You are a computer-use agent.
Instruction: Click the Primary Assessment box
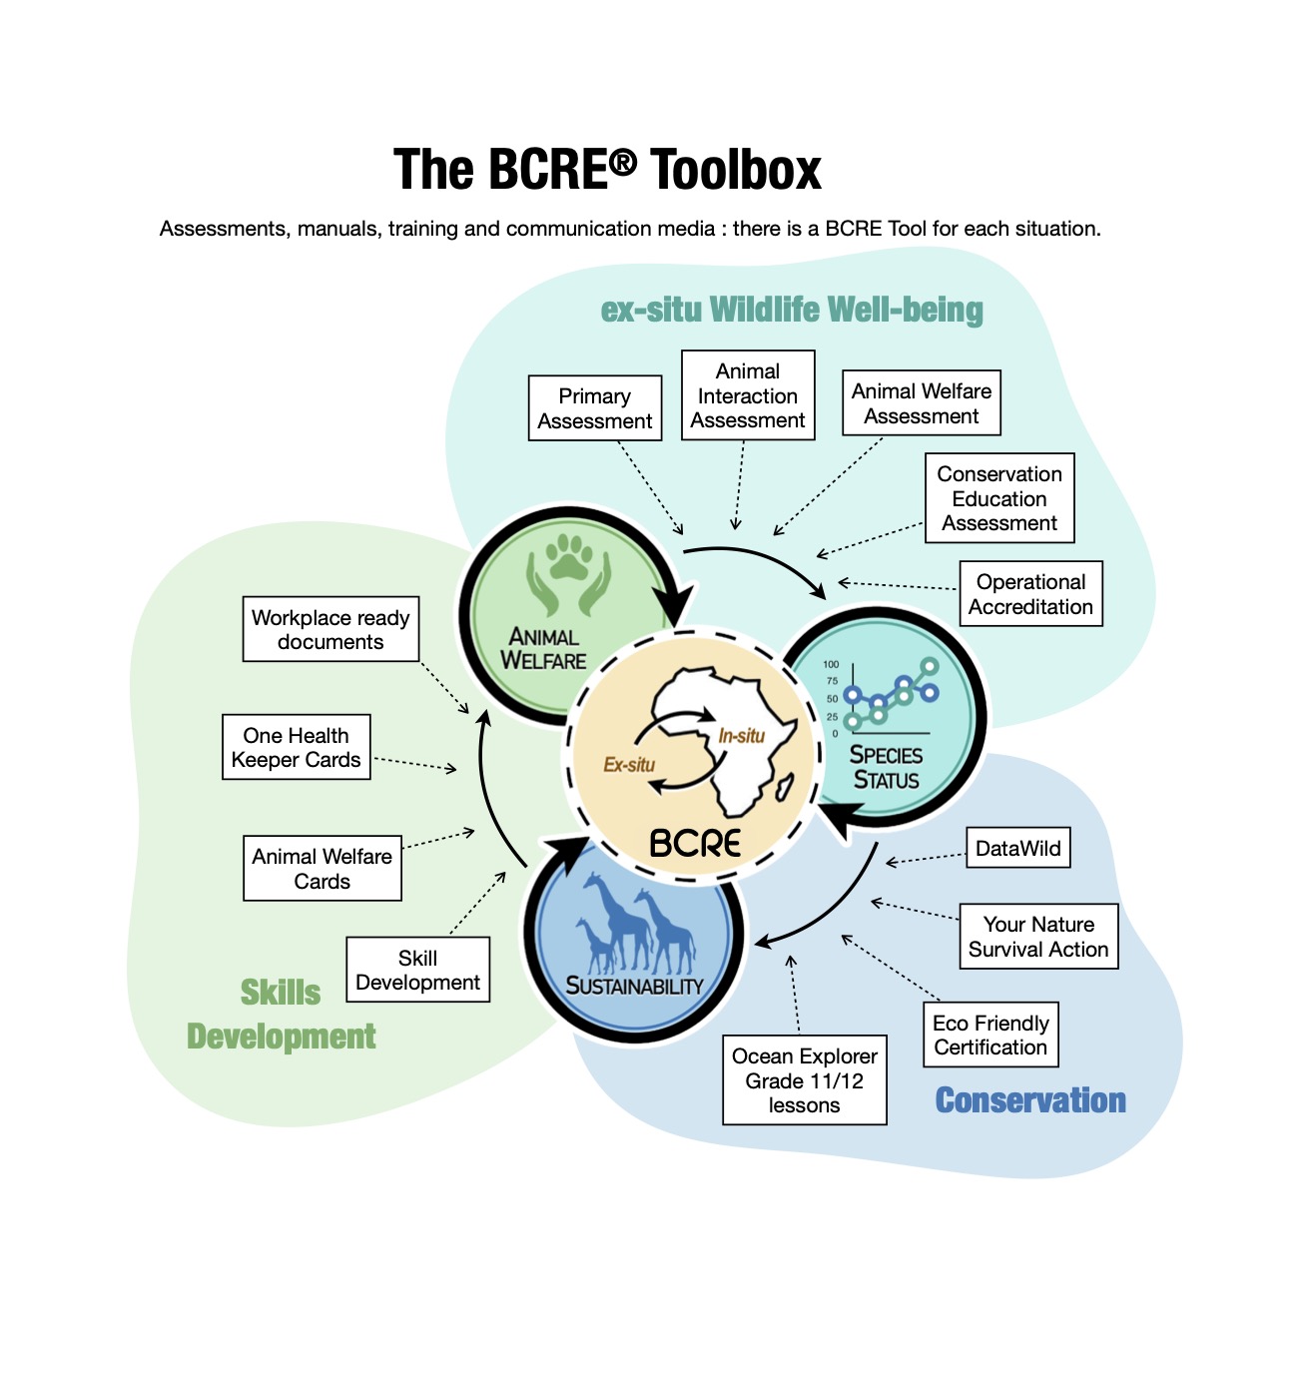pos(595,408)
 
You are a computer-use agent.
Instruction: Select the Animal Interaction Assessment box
pos(748,395)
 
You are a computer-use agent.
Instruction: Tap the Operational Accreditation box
pos(1030,594)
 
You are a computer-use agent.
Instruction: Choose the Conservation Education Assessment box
pos(999,498)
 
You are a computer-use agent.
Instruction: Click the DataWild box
pos(1017,849)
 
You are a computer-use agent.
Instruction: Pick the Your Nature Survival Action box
pos(1038,937)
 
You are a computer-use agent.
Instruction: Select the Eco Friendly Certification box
pos(990,1035)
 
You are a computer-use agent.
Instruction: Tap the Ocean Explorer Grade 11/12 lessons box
pos(805,1080)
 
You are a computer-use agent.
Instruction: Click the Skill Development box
pos(417,970)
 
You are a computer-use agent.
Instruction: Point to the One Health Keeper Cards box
pos(297,747)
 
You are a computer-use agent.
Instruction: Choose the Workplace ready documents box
pos(330,629)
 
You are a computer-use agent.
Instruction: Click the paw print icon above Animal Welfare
pos(569,559)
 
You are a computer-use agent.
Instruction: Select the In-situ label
pos(741,736)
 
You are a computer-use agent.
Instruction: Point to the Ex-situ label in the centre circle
pos(629,765)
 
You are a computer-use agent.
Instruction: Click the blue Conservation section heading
pos(1030,1100)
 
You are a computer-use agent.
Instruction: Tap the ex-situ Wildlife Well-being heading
pos(792,310)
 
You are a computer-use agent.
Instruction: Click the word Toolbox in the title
pos(736,170)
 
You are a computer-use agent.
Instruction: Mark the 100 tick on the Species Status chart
pos(831,664)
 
